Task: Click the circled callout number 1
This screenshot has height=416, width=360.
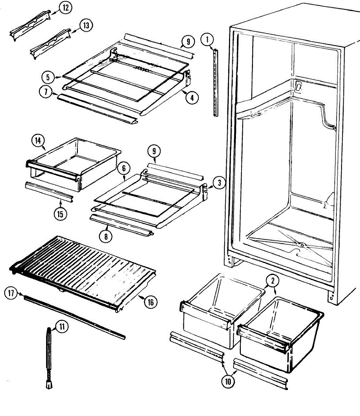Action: pyautogui.click(x=207, y=40)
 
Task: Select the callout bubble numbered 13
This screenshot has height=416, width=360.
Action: pyautogui.click(x=86, y=25)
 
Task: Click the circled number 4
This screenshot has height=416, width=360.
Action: pyautogui.click(x=192, y=97)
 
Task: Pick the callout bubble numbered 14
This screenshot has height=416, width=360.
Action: pyautogui.click(x=38, y=140)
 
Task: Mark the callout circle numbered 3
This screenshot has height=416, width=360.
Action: pyautogui.click(x=219, y=182)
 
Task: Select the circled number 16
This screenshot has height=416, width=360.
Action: pyautogui.click(x=150, y=302)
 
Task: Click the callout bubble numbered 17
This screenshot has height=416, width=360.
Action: pyautogui.click(x=11, y=294)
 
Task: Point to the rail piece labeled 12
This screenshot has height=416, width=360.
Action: pyautogui.click(x=30, y=25)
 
